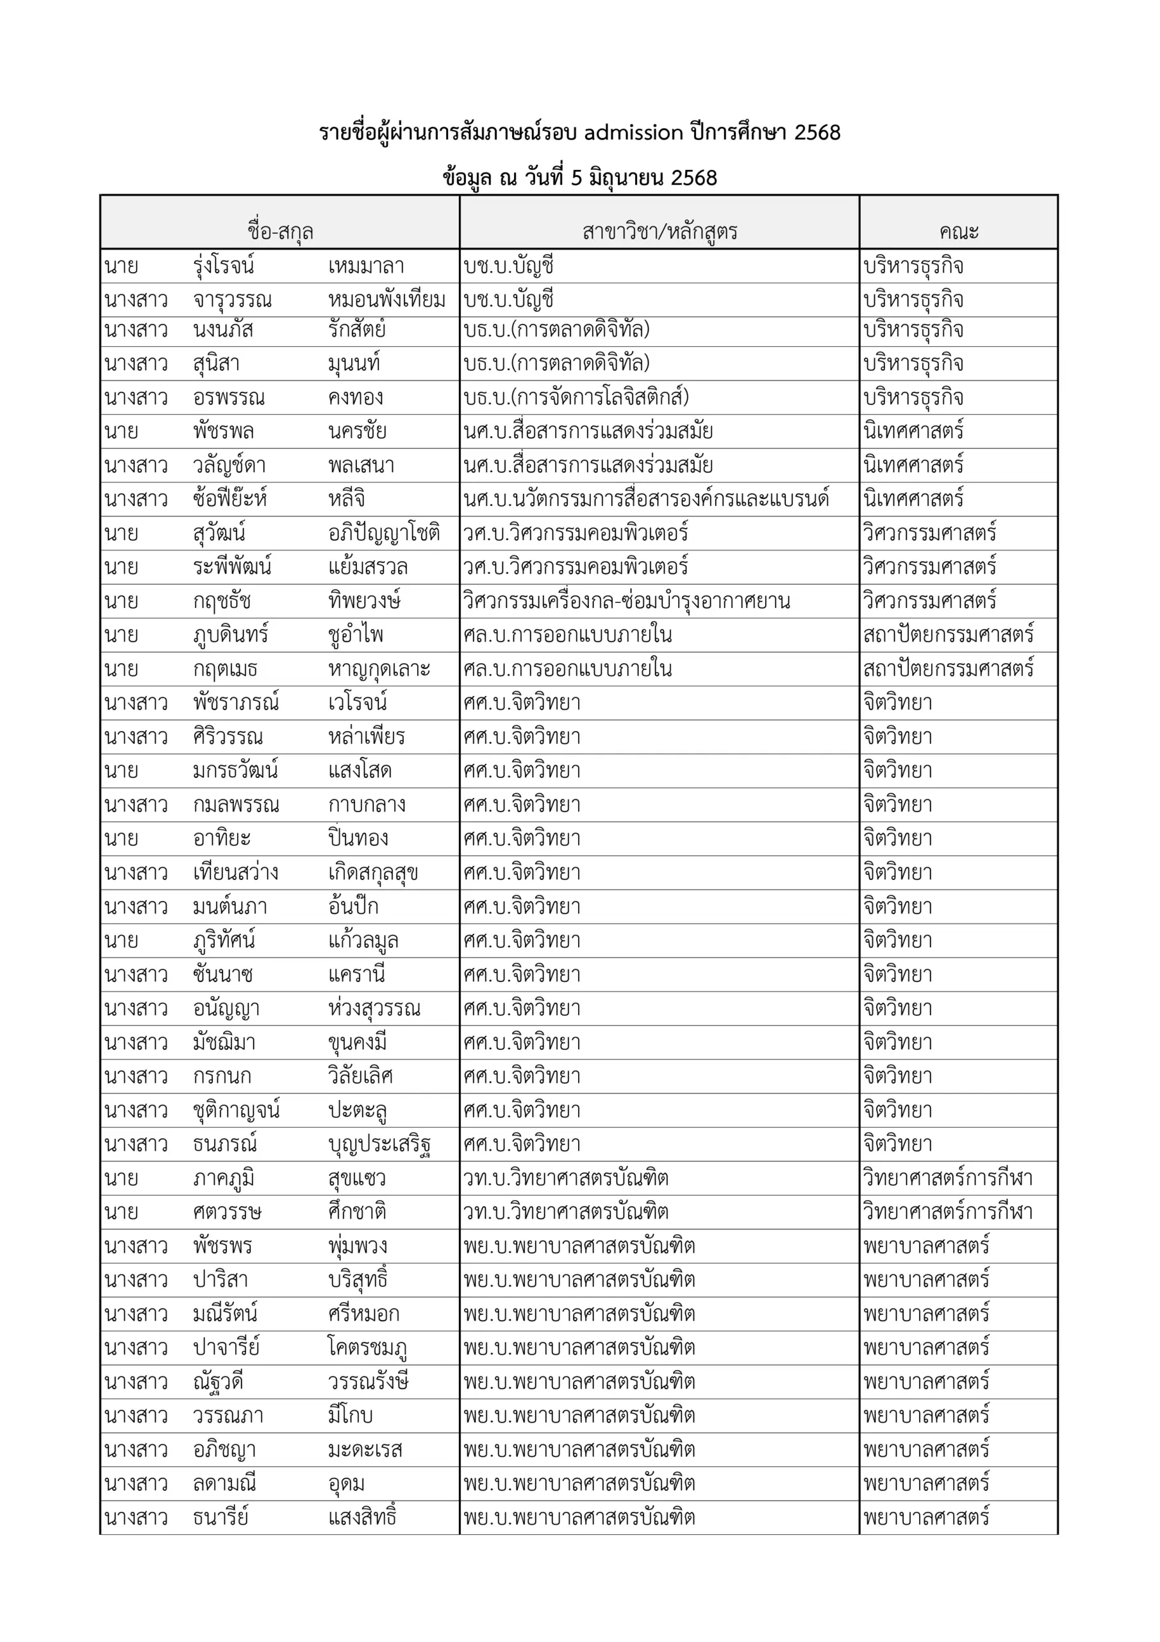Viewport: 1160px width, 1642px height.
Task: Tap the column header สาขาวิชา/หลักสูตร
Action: pyautogui.click(x=659, y=231)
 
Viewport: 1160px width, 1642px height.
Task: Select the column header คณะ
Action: pyautogui.click(x=959, y=231)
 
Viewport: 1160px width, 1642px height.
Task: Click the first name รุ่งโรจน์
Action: pyautogui.click(x=224, y=266)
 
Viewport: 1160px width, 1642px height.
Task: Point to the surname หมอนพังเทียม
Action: pyautogui.click(x=386, y=300)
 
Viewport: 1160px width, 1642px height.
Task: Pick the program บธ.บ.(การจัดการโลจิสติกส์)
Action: pyautogui.click(x=576, y=397)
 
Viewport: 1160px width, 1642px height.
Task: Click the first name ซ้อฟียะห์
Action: pyautogui.click(x=229, y=498)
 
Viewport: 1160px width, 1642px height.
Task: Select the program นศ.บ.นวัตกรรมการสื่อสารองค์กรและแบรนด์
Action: pyautogui.click(x=646, y=498)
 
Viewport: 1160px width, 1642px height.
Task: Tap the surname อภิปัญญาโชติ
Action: pyautogui.click(x=384, y=533)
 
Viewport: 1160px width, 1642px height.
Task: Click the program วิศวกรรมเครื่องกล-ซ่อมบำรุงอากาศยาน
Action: pyautogui.click(x=626, y=601)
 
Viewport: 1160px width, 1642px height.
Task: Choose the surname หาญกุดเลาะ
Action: pyautogui.click(x=379, y=669)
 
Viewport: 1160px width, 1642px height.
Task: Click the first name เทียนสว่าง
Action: pyautogui.click(x=235, y=872)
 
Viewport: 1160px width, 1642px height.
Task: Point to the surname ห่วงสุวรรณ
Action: pyautogui.click(x=374, y=1008)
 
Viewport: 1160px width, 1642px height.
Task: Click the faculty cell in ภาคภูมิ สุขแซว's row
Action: pyautogui.click(x=948, y=1178)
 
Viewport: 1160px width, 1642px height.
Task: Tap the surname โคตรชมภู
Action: pyautogui.click(x=367, y=1348)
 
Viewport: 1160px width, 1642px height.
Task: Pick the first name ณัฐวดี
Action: pyautogui.click(x=218, y=1382)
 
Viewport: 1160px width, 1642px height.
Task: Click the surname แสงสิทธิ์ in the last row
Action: pyautogui.click(x=361, y=1518)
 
